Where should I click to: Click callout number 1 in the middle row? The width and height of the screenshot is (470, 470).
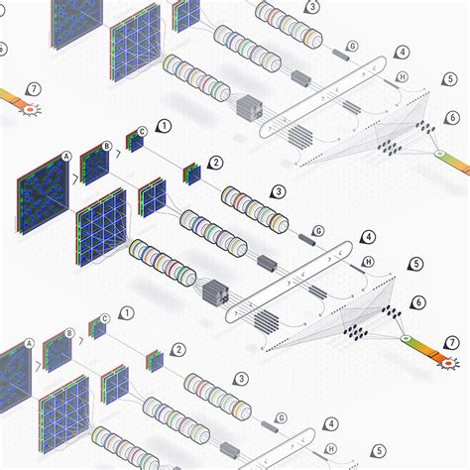[164, 127]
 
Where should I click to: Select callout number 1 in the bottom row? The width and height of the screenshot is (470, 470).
[127, 313]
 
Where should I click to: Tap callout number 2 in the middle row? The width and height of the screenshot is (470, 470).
[216, 162]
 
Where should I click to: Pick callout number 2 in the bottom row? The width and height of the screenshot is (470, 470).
[177, 349]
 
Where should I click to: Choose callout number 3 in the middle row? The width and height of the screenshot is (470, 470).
[279, 191]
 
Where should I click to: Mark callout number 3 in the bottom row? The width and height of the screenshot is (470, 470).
[241, 378]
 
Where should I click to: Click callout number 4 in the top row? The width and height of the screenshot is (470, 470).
[402, 52]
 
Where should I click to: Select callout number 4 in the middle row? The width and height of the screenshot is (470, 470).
[368, 238]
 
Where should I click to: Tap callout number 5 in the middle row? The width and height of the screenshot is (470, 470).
[415, 265]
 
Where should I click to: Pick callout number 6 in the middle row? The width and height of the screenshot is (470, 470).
[418, 302]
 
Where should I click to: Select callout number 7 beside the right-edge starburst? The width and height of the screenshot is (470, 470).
[452, 343]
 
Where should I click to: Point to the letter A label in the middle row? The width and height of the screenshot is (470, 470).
[65, 156]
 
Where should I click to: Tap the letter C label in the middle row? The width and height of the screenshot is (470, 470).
[143, 131]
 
